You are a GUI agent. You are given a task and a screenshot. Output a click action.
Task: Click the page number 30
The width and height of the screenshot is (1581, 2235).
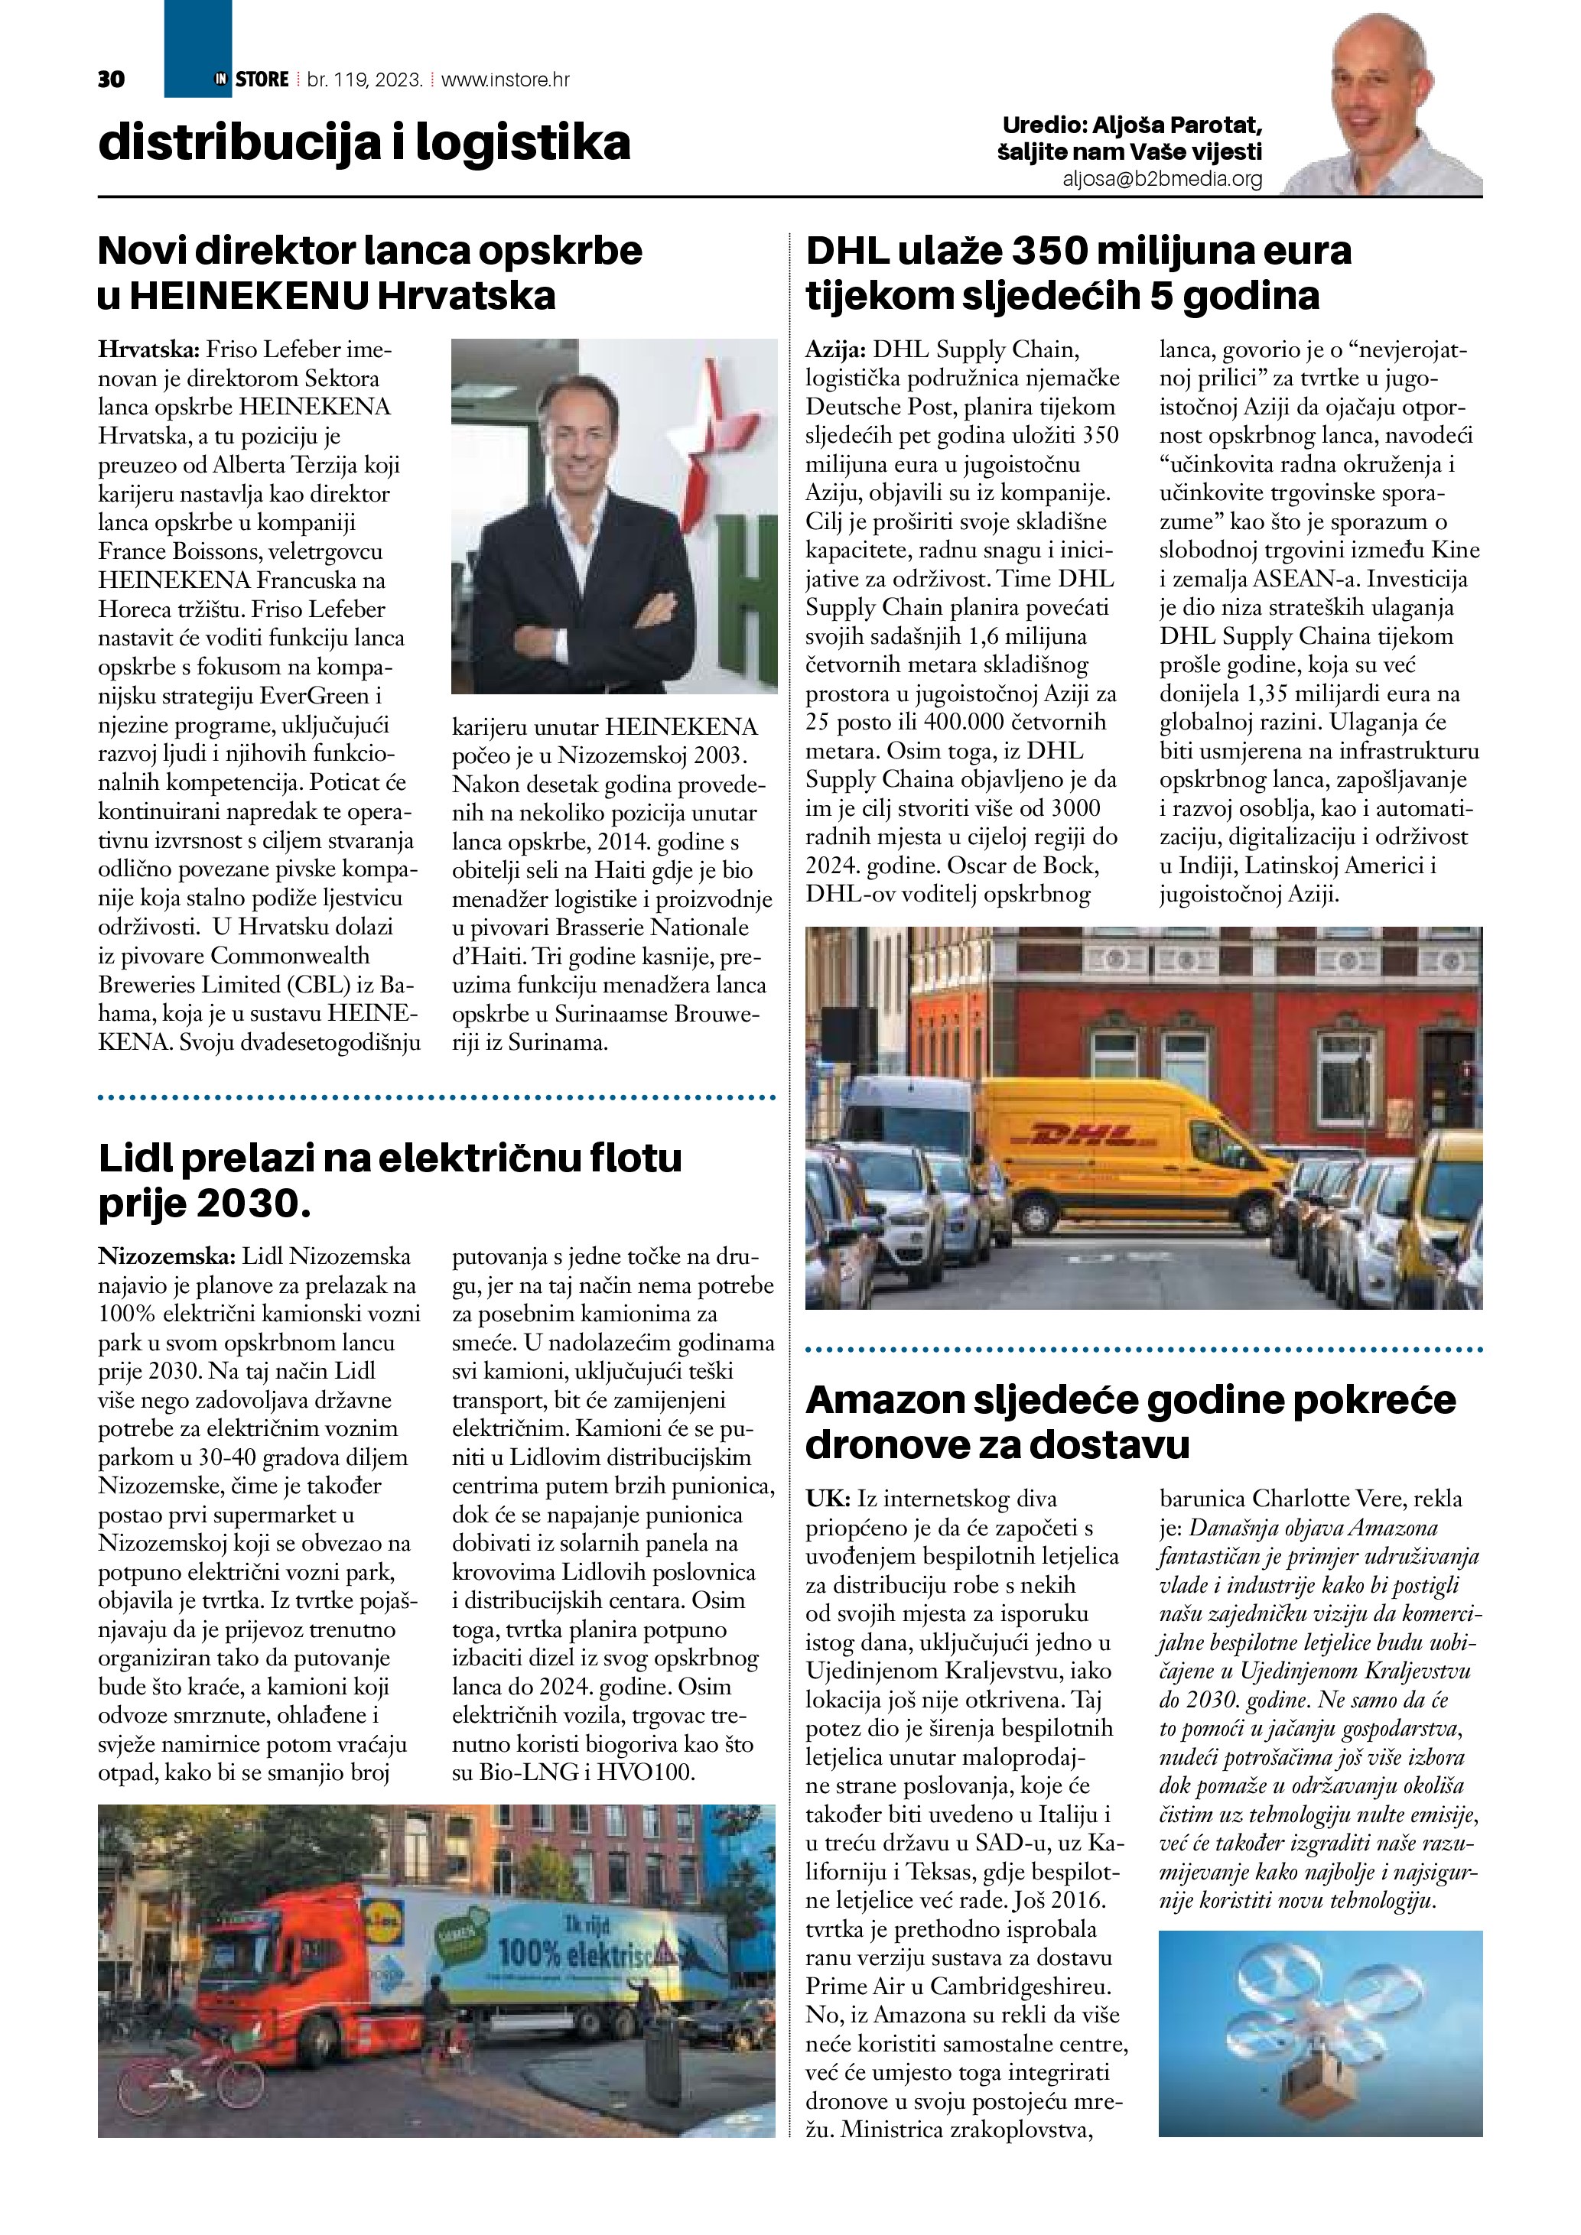pos(112,80)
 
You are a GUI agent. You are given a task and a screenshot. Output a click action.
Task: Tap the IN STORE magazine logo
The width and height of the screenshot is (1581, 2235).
pos(251,80)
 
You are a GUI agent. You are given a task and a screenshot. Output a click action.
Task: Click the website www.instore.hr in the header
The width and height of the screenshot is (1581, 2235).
pos(506,80)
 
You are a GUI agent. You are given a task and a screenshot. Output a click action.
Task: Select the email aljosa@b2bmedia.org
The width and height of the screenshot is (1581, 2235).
pos(1163,179)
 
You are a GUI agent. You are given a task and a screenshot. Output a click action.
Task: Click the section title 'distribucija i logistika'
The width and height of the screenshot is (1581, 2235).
pos(364,143)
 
